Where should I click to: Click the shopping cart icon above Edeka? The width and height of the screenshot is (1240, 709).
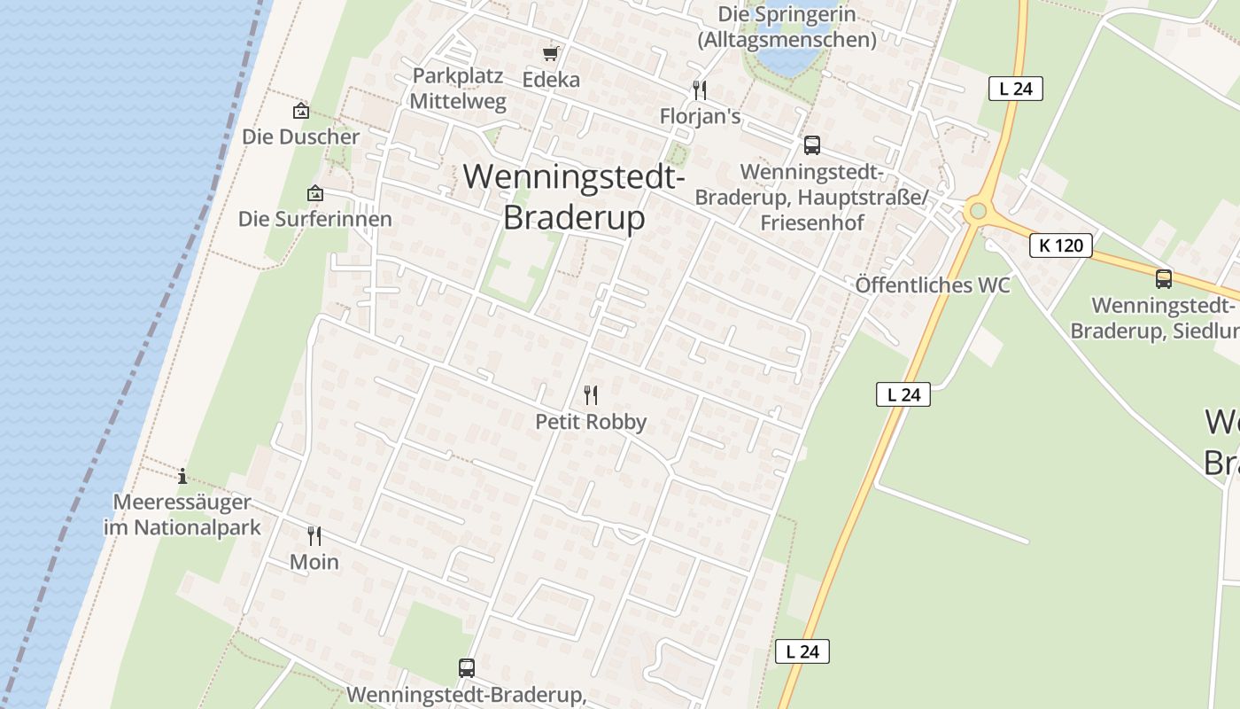pos(551,54)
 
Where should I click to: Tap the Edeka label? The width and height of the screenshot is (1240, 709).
pos(551,80)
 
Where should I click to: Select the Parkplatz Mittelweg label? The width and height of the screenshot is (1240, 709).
pos(458,89)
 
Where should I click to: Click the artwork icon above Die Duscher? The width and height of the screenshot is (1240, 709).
pos(301,111)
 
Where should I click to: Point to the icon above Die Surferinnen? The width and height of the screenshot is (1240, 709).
pos(314,192)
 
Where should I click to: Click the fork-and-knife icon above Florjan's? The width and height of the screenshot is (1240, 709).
pos(700,90)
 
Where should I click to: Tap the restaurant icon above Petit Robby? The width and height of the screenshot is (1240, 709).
pos(591,394)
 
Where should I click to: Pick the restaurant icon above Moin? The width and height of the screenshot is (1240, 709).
pos(314,535)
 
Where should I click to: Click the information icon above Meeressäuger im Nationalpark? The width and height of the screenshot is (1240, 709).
pos(182,476)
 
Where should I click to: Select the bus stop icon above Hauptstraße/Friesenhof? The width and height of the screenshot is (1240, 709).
pos(811,145)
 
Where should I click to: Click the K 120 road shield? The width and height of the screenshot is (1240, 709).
pos(1060,245)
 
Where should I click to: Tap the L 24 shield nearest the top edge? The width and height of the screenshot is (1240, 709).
pos(1015,89)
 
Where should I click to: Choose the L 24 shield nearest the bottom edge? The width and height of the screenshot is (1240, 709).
pos(802,651)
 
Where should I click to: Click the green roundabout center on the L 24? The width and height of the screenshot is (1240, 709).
pos(978,211)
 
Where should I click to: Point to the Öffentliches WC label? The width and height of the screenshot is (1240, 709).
pos(932,285)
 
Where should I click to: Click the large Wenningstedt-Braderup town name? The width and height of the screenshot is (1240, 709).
pos(574,197)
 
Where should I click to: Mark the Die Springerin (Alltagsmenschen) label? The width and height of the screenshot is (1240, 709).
pos(787,27)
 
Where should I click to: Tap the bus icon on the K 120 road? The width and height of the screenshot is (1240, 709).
pos(1164,278)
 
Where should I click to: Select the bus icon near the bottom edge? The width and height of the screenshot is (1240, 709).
pos(467,667)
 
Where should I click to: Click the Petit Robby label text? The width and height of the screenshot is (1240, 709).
pos(591,422)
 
